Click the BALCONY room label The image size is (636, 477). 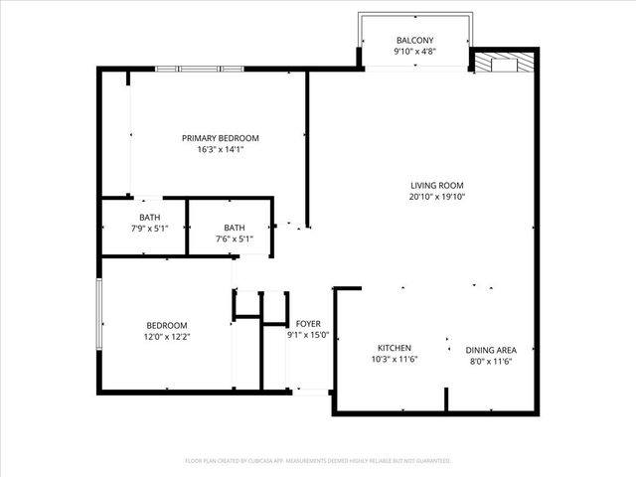click(414, 40)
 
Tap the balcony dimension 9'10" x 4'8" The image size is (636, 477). click(414, 51)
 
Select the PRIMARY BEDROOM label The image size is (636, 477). click(220, 138)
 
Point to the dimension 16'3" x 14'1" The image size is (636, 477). click(220, 150)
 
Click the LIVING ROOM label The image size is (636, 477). click(437, 185)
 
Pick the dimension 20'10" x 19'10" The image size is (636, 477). click(437, 197)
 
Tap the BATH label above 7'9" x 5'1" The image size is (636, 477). click(149, 218)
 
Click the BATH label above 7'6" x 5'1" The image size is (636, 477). click(234, 228)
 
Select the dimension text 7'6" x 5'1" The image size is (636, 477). click(234, 239)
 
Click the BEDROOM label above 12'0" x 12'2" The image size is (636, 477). click(167, 325)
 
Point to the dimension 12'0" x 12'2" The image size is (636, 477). click(167, 337)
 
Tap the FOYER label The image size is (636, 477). click(307, 324)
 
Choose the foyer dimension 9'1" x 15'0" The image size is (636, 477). click(307, 336)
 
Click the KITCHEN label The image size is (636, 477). click(395, 348)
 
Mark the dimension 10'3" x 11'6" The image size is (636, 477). click(395, 360)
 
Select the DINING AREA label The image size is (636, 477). click(491, 350)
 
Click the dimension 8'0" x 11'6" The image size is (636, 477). click(491, 362)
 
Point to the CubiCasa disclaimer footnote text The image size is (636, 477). click(318, 461)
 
